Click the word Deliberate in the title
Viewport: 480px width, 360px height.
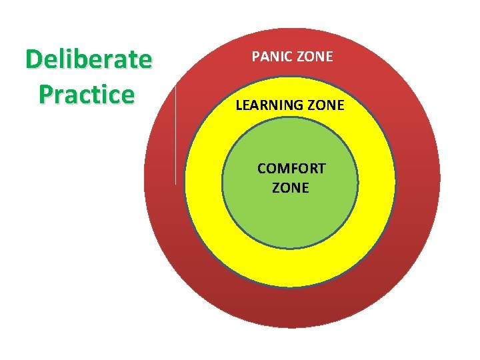click(89, 60)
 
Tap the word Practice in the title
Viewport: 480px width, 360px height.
click(87, 94)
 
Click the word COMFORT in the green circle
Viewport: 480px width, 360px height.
click(291, 168)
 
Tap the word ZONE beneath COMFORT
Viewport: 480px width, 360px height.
click(291, 187)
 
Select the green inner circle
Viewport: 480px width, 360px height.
click(291, 213)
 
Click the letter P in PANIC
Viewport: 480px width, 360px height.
click(255, 57)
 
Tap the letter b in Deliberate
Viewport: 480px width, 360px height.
click(83, 60)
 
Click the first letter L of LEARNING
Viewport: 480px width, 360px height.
click(238, 105)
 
